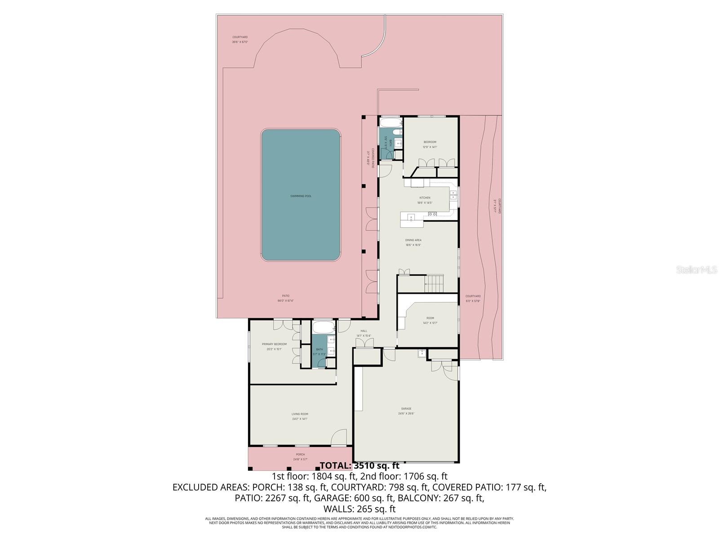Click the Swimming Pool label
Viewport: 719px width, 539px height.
(x=301, y=196)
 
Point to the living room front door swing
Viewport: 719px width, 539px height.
(x=340, y=438)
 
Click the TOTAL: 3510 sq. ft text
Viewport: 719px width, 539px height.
(x=359, y=466)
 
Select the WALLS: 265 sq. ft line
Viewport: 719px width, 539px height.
(x=359, y=509)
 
